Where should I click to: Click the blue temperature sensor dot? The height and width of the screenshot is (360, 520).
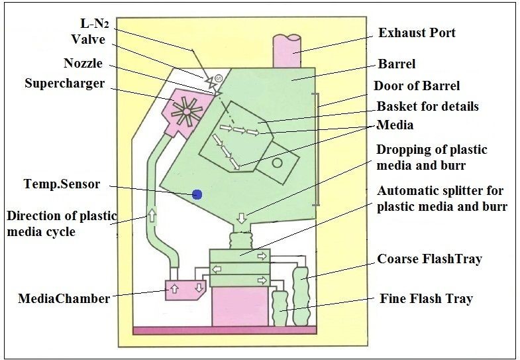[x=196, y=194]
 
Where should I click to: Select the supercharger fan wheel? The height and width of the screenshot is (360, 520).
[x=186, y=109]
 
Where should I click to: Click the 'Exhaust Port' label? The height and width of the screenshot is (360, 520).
[x=417, y=32]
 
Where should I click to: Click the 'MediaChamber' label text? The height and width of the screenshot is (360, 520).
[x=64, y=299]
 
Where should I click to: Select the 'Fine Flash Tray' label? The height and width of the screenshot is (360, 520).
[x=427, y=298]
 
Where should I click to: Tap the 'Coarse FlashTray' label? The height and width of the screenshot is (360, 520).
[x=429, y=259]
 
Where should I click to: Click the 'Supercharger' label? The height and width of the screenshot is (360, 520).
[x=66, y=84]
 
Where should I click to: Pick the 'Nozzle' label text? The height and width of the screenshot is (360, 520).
[x=83, y=64]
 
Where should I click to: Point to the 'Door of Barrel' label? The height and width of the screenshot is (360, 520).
[x=417, y=86]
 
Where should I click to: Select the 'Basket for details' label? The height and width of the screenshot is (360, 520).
[x=427, y=106]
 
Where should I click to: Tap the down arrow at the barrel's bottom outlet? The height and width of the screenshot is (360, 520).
[x=242, y=216]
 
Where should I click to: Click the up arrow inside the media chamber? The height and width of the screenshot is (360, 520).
[x=175, y=288]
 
